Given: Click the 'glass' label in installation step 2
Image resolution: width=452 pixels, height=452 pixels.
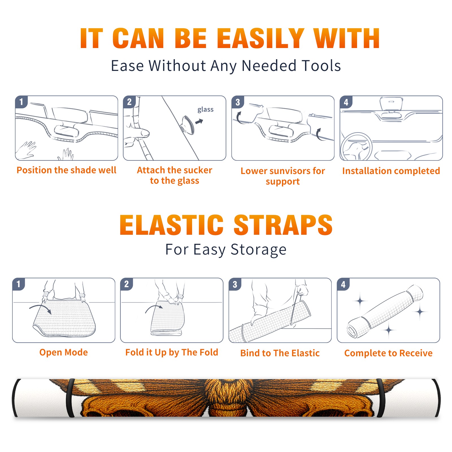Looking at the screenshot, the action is (205, 110).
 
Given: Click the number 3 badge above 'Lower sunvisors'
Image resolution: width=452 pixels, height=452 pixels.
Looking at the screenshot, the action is (238, 102).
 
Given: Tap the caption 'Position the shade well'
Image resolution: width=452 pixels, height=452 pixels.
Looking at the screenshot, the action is (66, 170).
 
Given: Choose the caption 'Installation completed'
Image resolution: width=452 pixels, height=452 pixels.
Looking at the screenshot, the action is (391, 171).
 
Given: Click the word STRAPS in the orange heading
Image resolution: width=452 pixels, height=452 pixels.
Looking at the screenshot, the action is (283, 225).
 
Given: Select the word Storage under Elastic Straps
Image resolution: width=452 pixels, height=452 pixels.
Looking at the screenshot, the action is (258, 250).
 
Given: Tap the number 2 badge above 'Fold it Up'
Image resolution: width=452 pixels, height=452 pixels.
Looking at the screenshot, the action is (127, 284).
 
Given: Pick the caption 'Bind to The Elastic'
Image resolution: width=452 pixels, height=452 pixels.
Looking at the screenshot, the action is (280, 353).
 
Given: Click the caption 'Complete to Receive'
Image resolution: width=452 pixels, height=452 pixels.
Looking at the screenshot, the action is (388, 353).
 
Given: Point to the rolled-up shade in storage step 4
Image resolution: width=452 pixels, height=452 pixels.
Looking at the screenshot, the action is (385, 312).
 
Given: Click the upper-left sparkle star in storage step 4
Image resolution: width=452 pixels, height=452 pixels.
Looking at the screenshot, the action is (360, 301).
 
